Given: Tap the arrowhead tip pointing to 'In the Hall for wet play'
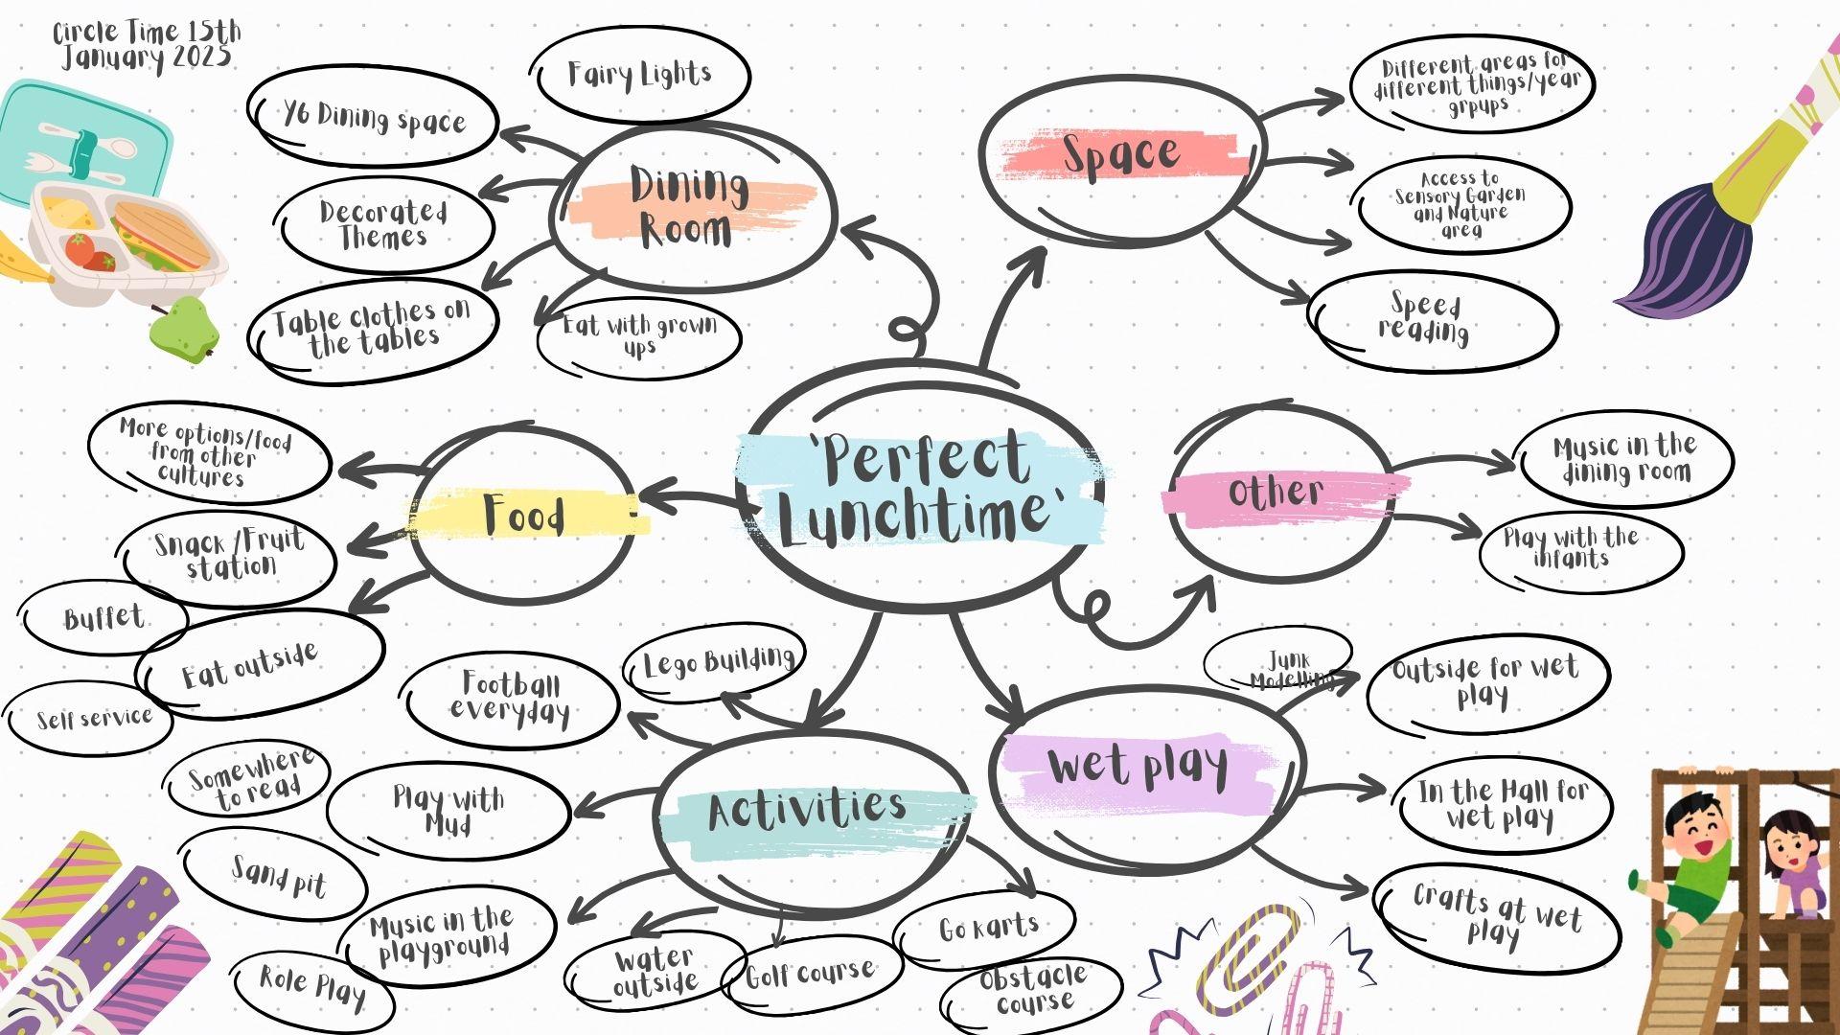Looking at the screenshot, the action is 1387,790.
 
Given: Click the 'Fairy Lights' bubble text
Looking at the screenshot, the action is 639,74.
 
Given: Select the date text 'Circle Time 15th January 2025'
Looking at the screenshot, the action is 147,45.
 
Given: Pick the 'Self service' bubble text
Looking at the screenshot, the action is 94,718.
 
